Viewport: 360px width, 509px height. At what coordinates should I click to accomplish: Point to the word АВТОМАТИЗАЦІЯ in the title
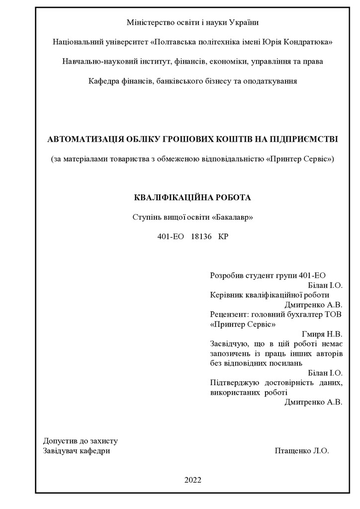[x=82, y=139]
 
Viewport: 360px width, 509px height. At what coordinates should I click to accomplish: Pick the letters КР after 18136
[x=223, y=237]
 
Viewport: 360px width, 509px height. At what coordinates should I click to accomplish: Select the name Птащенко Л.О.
[x=301, y=451]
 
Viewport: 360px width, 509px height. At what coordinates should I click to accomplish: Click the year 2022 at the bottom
[x=193, y=480]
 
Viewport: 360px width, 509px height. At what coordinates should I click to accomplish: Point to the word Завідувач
[x=60, y=451]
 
